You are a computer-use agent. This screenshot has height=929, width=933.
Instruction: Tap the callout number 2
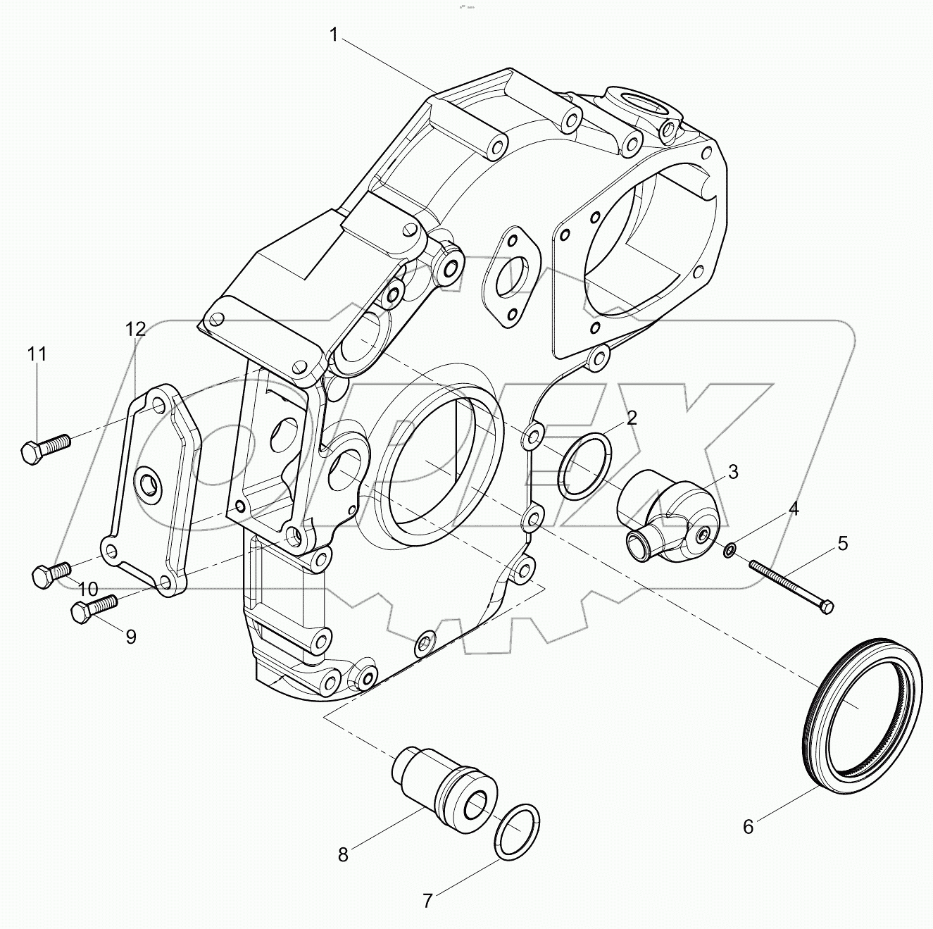(x=632, y=418)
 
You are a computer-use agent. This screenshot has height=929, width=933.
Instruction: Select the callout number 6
(x=748, y=827)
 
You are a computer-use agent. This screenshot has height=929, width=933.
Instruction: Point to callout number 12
(x=136, y=328)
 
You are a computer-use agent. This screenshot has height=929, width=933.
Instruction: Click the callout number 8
(x=343, y=855)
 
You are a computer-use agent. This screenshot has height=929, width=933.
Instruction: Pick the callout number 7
(x=427, y=900)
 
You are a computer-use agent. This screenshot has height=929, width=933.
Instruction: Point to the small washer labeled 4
(x=731, y=549)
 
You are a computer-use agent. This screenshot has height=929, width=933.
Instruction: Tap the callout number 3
(x=732, y=472)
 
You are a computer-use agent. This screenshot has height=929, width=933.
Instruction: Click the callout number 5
(x=841, y=543)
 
